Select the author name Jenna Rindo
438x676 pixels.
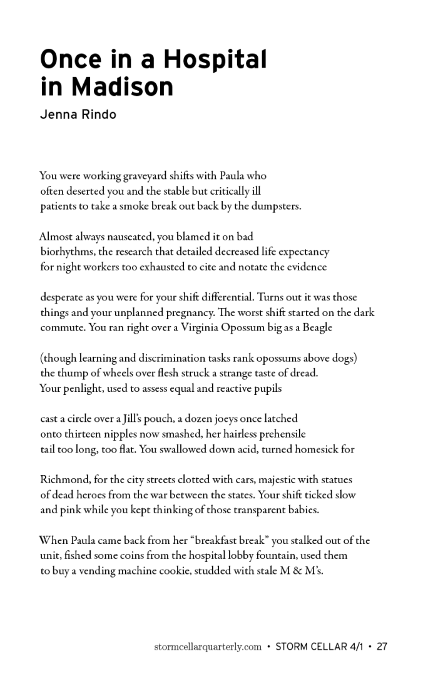(x=78, y=115)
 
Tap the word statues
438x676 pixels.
(x=335, y=479)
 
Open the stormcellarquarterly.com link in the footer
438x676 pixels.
(x=207, y=647)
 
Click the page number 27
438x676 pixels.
(x=382, y=647)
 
